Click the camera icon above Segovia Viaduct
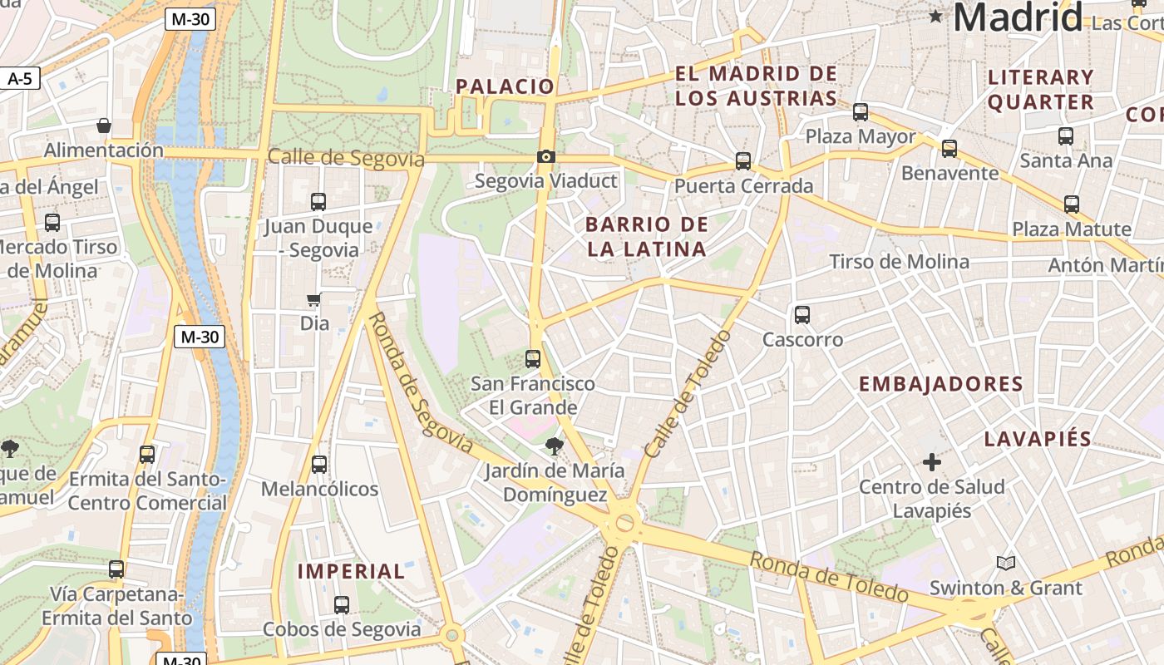(546, 156)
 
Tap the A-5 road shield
(19, 79)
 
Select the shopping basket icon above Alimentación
(104, 126)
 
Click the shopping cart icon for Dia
(314, 299)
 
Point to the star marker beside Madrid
(936, 16)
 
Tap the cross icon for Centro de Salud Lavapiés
(932, 461)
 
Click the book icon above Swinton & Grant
(1006, 563)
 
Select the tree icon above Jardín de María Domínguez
(554, 446)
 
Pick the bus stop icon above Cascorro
(802, 315)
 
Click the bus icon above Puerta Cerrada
(743, 161)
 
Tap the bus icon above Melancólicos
(319, 465)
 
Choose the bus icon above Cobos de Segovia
(342, 605)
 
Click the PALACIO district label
(505, 86)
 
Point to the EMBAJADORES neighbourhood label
(940, 384)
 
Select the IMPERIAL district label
(352, 572)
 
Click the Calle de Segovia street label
(346, 158)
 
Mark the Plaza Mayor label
(861, 136)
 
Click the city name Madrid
(1018, 17)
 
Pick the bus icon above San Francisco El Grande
(533, 359)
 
